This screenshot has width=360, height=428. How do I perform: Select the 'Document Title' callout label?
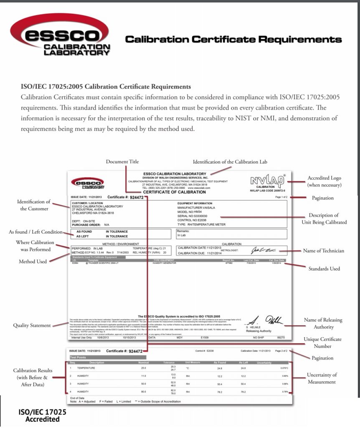(122, 162)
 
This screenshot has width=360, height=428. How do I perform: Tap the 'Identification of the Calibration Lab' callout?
(230, 162)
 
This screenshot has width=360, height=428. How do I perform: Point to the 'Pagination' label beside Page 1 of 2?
(323, 198)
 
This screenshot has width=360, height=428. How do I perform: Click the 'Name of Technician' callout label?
(324, 251)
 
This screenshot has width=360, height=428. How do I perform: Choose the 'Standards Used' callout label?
(324, 269)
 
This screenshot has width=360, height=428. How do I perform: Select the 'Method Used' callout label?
(33, 262)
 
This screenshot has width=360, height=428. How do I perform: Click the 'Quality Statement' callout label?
(32, 325)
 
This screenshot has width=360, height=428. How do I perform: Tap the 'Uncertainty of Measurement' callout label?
(322, 378)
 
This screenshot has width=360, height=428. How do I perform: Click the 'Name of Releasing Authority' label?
(323, 323)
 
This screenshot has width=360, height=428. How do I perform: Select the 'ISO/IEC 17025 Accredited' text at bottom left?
(42, 415)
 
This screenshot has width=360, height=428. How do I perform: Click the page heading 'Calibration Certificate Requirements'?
(233, 40)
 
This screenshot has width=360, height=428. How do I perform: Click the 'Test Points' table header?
(78, 358)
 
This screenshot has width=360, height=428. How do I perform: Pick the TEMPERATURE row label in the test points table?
(86, 368)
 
